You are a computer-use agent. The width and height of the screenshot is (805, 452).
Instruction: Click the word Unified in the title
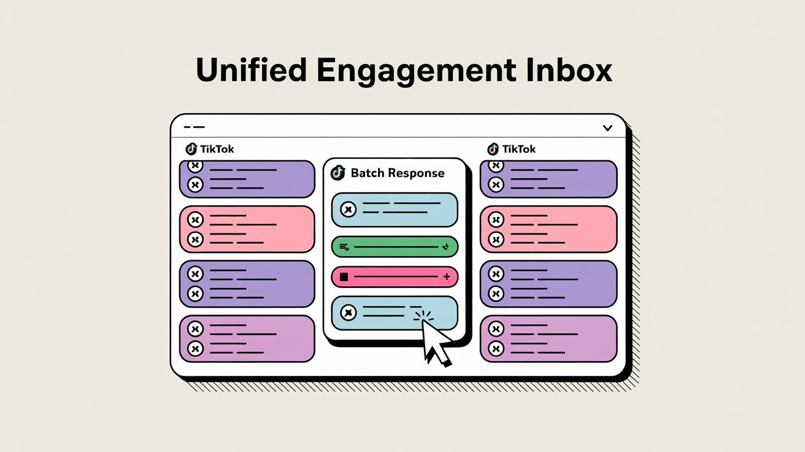point(251,70)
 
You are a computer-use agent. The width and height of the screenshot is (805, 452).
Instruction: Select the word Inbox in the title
point(569,70)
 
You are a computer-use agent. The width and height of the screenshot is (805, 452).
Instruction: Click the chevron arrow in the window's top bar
point(607,128)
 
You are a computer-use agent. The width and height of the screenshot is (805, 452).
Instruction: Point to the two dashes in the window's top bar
point(194,127)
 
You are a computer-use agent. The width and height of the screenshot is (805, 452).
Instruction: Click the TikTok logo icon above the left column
point(191,149)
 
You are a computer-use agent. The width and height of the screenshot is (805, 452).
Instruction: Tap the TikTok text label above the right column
point(518,149)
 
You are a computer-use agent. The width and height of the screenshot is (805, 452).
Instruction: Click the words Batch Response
point(398,173)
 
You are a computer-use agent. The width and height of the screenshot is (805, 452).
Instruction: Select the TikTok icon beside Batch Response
point(337,173)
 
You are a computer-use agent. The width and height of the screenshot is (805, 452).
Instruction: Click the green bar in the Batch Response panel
point(395,247)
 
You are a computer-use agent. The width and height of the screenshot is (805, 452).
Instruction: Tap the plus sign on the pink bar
point(446,276)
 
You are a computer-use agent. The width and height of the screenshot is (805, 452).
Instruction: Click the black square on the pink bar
point(344,276)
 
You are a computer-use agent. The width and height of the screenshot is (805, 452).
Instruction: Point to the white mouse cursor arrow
point(436,341)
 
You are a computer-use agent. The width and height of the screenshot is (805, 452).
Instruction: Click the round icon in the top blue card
point(348,209)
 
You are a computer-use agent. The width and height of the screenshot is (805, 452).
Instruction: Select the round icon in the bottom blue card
point(348,312)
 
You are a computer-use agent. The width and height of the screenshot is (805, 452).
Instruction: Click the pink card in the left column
point(247,229)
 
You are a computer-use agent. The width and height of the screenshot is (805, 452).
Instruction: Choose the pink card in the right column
point(549,229)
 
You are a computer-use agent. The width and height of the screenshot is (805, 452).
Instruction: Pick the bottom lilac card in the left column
point(247,339)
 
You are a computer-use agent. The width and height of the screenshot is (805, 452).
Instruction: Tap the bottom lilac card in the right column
point(549,339)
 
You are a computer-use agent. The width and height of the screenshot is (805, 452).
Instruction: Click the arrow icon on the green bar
point(445,247)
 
